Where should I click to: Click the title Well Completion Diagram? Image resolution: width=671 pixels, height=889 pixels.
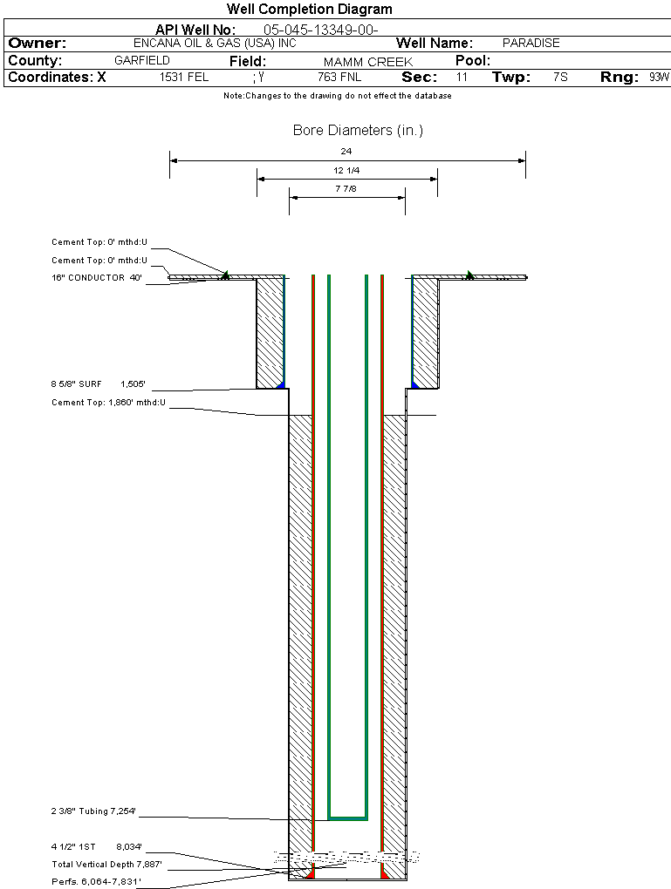(x=309, y=10)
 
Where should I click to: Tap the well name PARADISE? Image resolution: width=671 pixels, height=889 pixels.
(x=531, y=43)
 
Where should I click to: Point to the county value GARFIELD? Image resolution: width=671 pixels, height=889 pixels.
(x=142, y=61)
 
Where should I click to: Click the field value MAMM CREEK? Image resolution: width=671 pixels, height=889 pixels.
(x=367, y=62)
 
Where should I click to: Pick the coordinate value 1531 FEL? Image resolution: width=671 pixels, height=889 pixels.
(x=184, y=78)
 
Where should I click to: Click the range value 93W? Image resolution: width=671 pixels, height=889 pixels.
(x=659, y=78)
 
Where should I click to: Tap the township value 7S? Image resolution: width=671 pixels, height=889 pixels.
(x=560, y=78)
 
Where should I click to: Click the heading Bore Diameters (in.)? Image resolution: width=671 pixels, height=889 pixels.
(x=358, y=131)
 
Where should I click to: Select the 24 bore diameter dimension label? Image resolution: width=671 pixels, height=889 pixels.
(x=346, y=152)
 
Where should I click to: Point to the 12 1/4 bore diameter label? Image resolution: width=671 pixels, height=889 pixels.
(x=346, y=170)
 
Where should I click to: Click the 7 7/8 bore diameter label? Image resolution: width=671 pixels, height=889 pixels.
(x=346, y=188)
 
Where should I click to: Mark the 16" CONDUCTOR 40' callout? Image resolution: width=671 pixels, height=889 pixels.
(x=96, y=278)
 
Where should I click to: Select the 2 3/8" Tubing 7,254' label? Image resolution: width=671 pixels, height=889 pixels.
(x=93, y=811)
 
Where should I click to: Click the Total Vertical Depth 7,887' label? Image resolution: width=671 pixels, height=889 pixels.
(x=106, y=864)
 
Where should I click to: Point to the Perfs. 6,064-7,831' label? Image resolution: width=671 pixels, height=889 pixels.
(x=96, y=882)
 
